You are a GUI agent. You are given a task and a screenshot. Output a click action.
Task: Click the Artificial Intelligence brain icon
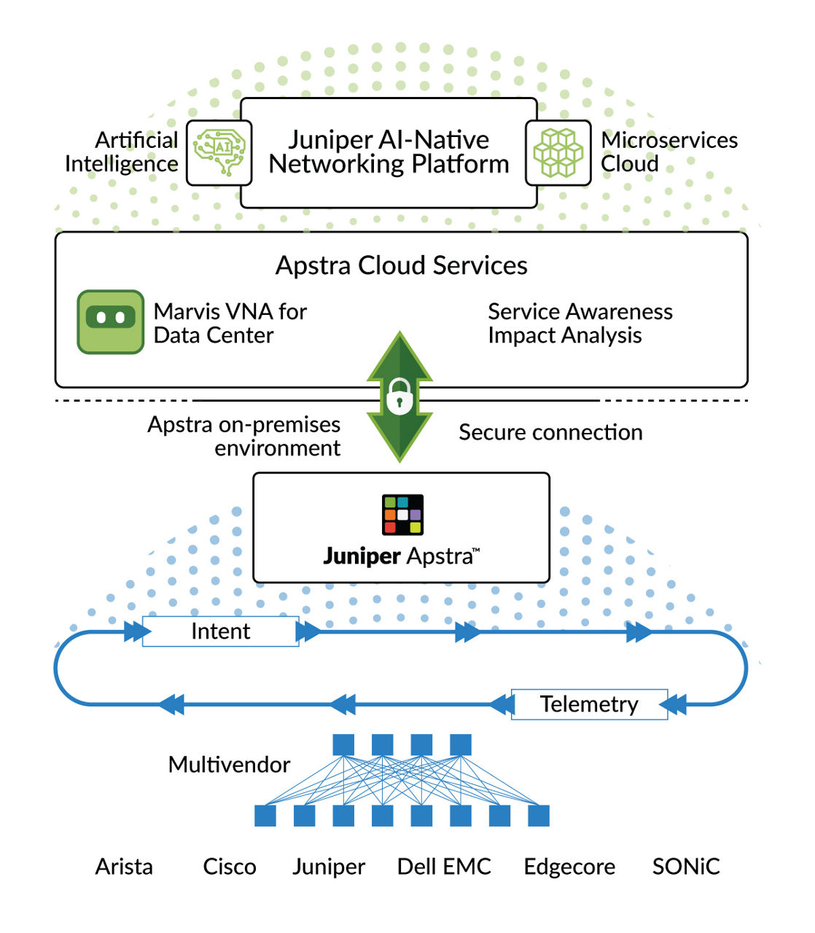point(219,152)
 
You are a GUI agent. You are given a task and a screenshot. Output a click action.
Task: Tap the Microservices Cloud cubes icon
point(558,152)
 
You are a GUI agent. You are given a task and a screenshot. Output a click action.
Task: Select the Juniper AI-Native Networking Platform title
point(389,152)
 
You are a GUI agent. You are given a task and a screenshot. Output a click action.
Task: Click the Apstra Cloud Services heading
point(401,265)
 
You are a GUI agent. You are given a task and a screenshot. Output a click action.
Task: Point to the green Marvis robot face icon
point(111,321)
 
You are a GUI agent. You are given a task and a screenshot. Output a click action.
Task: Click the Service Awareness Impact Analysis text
point(580,323)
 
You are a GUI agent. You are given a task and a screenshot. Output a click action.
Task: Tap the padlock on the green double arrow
point(399,397)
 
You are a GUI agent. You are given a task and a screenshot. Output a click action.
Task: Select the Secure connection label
point(550,432)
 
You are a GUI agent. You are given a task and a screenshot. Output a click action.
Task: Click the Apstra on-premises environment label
point(244,436)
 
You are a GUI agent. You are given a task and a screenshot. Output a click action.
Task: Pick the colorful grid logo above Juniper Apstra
point(402,515)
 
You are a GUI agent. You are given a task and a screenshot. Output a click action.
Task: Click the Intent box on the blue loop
point(220,631)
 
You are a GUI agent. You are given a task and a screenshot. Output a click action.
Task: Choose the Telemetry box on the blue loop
point(589,704)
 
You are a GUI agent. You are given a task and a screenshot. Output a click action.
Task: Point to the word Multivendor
point(229,765)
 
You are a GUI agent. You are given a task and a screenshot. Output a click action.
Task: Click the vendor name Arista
point(124,867)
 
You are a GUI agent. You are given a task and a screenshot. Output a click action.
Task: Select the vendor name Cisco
point(230,867)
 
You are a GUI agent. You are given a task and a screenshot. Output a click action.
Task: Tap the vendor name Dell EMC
point(444,867)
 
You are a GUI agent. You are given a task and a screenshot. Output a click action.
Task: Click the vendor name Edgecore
point(569,867)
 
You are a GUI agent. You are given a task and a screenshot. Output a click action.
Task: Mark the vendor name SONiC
point(686,867)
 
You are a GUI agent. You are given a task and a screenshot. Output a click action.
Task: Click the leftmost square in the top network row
point(343,745)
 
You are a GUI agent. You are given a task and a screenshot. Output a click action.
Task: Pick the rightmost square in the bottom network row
point(539,816)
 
